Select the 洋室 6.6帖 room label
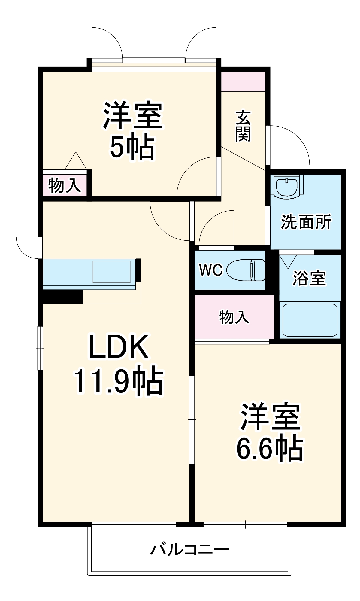[270, 433]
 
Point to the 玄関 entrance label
[243, 126]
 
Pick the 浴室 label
[309, 278]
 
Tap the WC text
[211, 270]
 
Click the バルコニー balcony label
[190, 549]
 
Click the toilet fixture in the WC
[246, 270]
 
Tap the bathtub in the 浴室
[310, 320]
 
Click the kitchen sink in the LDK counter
[111, 272]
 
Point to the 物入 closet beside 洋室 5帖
[65, 185]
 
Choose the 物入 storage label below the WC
[234, 317]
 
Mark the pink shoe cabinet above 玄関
[243, 81]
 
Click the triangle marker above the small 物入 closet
[76, 161]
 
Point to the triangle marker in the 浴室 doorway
[288, 261]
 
